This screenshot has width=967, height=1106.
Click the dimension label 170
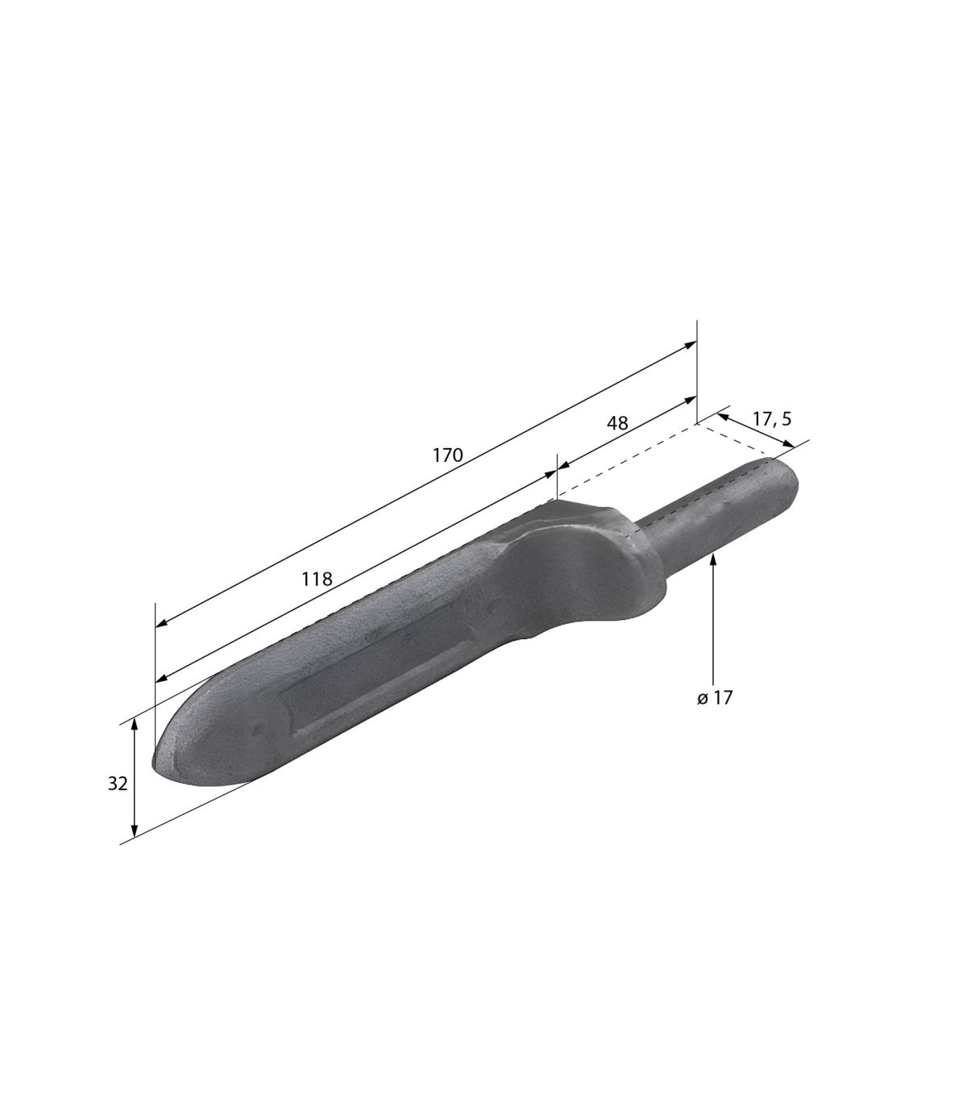coord(447,455)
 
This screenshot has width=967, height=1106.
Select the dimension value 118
coord(317,579)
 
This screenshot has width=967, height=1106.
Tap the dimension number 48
coord(617,422)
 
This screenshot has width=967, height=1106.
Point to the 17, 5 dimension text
coord(772,418)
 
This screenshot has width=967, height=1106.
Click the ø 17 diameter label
coord(715,698)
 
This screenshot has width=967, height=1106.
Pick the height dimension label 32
coord(118,784)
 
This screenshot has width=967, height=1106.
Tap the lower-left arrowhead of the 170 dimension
coord(161,624)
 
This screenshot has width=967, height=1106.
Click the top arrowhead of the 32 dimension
coord(135,725)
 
